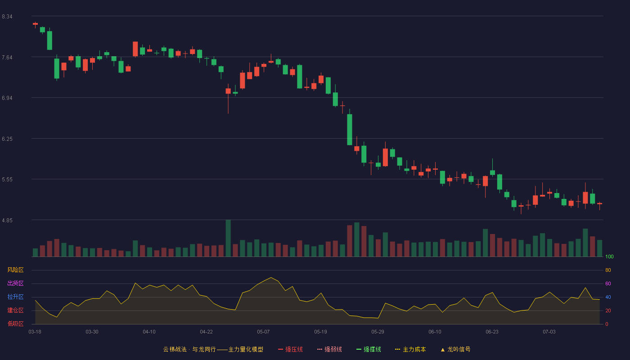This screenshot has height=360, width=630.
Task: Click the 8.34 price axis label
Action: tap(7, 17)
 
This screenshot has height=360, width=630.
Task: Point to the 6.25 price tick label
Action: tap(7, 139)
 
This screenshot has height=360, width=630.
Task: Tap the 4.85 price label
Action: tap(7, 220)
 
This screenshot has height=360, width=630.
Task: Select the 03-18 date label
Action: tap(35, 332)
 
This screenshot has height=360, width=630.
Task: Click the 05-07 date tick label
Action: tap(263, 332)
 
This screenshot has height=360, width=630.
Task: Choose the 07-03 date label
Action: tap(549, 332)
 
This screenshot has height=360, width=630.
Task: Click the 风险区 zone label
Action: tap(15, 270)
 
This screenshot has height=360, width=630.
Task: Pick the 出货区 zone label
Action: tap(15, 283)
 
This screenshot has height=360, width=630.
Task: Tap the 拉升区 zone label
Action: tap(15, 297)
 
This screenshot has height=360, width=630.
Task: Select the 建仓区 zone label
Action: tap(15, 310)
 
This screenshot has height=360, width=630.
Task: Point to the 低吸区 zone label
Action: tap(15, 324)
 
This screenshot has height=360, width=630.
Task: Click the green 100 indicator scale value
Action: tap(609, 256)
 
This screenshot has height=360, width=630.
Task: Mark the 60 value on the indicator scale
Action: tap(608, 283)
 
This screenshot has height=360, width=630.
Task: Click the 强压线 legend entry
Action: tap(290, 349)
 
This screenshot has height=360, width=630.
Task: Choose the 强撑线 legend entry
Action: tap(369, 349)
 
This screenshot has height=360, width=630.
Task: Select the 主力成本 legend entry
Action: tap(410, 349)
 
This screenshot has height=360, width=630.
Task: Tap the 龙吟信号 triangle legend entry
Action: tap(455, 349)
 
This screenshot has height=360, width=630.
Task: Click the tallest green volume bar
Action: tap(228, 238)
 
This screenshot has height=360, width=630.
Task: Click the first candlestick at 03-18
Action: tap(35, 25)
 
